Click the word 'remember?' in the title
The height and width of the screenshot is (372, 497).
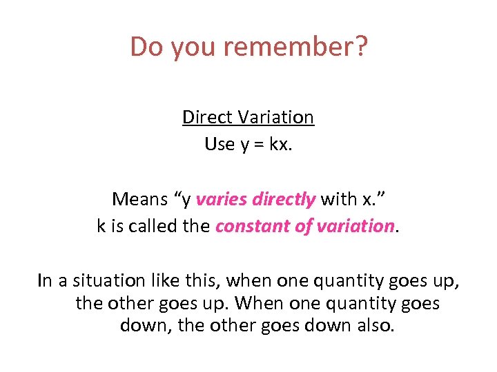coord(304,47)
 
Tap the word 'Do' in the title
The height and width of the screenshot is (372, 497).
coord(144,47)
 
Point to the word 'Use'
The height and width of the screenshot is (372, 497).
coord(219,144)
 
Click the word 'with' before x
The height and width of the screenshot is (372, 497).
coord(339,199)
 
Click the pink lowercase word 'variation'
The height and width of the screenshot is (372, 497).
coord(353,226)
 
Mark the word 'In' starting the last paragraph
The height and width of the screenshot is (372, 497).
coord(45,280)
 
